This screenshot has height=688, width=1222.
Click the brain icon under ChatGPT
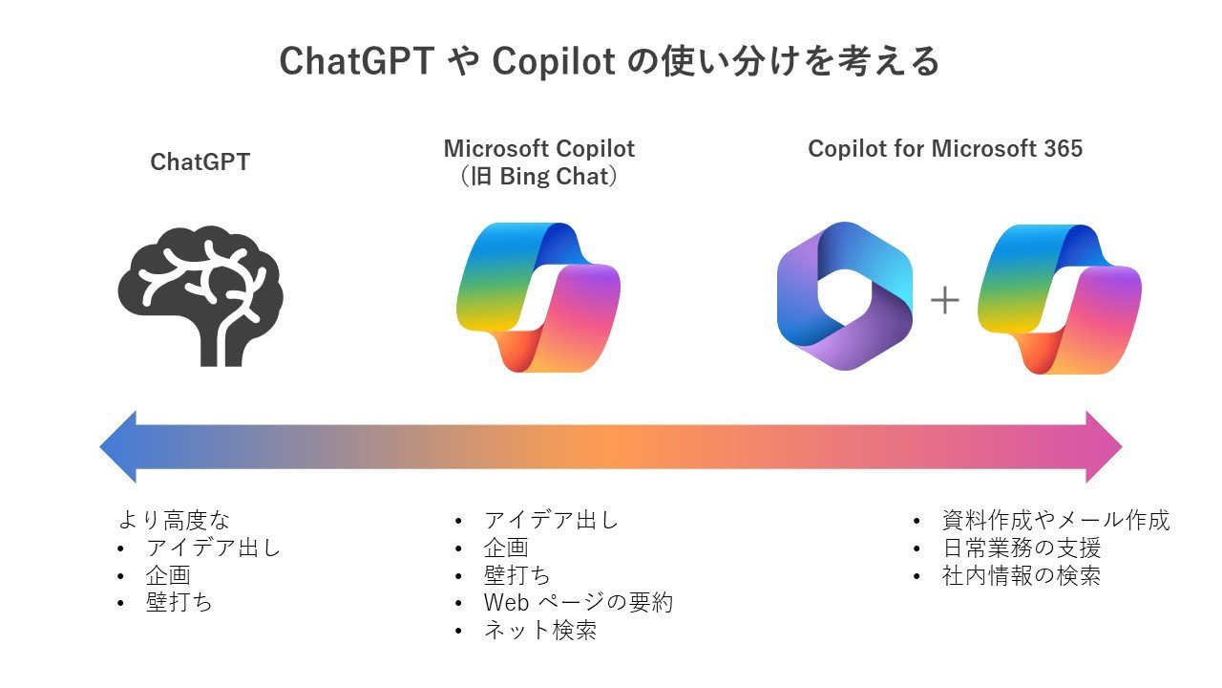point(200,295)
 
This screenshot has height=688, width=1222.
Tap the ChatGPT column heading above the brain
point(200,162)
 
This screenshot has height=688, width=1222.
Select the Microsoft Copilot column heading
point(539,148)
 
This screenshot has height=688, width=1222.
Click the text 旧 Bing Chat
point(539,177)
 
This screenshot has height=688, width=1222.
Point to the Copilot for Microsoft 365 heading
point(945,148)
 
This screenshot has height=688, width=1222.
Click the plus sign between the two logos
point(944,300)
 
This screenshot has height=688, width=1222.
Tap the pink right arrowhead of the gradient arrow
point(1104,446)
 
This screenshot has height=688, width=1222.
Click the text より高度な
point(175,520)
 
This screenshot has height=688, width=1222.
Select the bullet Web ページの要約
point(579,602)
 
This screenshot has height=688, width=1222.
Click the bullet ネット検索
point(540,630)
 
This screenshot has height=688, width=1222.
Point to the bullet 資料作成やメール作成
point(1056,520)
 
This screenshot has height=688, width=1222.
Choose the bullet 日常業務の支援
point(1022,548)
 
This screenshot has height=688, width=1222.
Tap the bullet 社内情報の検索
point(1022,575)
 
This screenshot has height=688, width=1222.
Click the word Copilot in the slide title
point(554,62)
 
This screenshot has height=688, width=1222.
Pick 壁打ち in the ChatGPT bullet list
point(179,602)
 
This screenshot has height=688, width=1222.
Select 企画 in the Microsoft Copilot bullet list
point(506,548)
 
